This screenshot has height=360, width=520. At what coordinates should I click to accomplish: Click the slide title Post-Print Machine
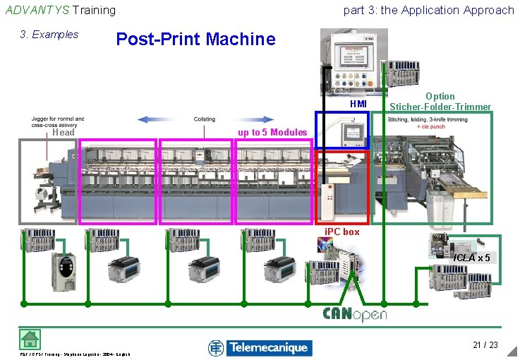coord(195,40)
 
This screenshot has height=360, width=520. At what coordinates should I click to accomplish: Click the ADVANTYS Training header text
coord(60,10)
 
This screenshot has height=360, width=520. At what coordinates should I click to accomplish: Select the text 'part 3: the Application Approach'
coord(428,10)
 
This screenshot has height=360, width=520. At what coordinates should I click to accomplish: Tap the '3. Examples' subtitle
coord(49,35)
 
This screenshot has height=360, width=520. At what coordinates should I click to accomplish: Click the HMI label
coord(358,104)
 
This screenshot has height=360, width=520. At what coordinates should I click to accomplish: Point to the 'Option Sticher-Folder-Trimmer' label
coord(440,102)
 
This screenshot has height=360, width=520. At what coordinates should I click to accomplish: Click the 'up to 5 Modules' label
coord(272,133)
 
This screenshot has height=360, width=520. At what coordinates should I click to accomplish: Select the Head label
coord(63,133)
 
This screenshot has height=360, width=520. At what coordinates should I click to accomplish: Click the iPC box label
coord(341,232)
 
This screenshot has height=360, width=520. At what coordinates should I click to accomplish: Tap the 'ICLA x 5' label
coord(471,258)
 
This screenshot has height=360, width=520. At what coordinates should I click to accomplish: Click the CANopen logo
coord(354,314)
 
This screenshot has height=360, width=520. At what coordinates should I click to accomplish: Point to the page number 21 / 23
coord(485,344)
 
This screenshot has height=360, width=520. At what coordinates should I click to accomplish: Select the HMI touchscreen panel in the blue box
coord(342,130)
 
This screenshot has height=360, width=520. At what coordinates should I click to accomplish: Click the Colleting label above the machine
coord(205,119)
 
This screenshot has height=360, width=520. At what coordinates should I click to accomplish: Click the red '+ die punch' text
coord(432,127)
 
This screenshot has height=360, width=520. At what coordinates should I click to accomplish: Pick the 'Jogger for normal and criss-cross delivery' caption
coord(57,122)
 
